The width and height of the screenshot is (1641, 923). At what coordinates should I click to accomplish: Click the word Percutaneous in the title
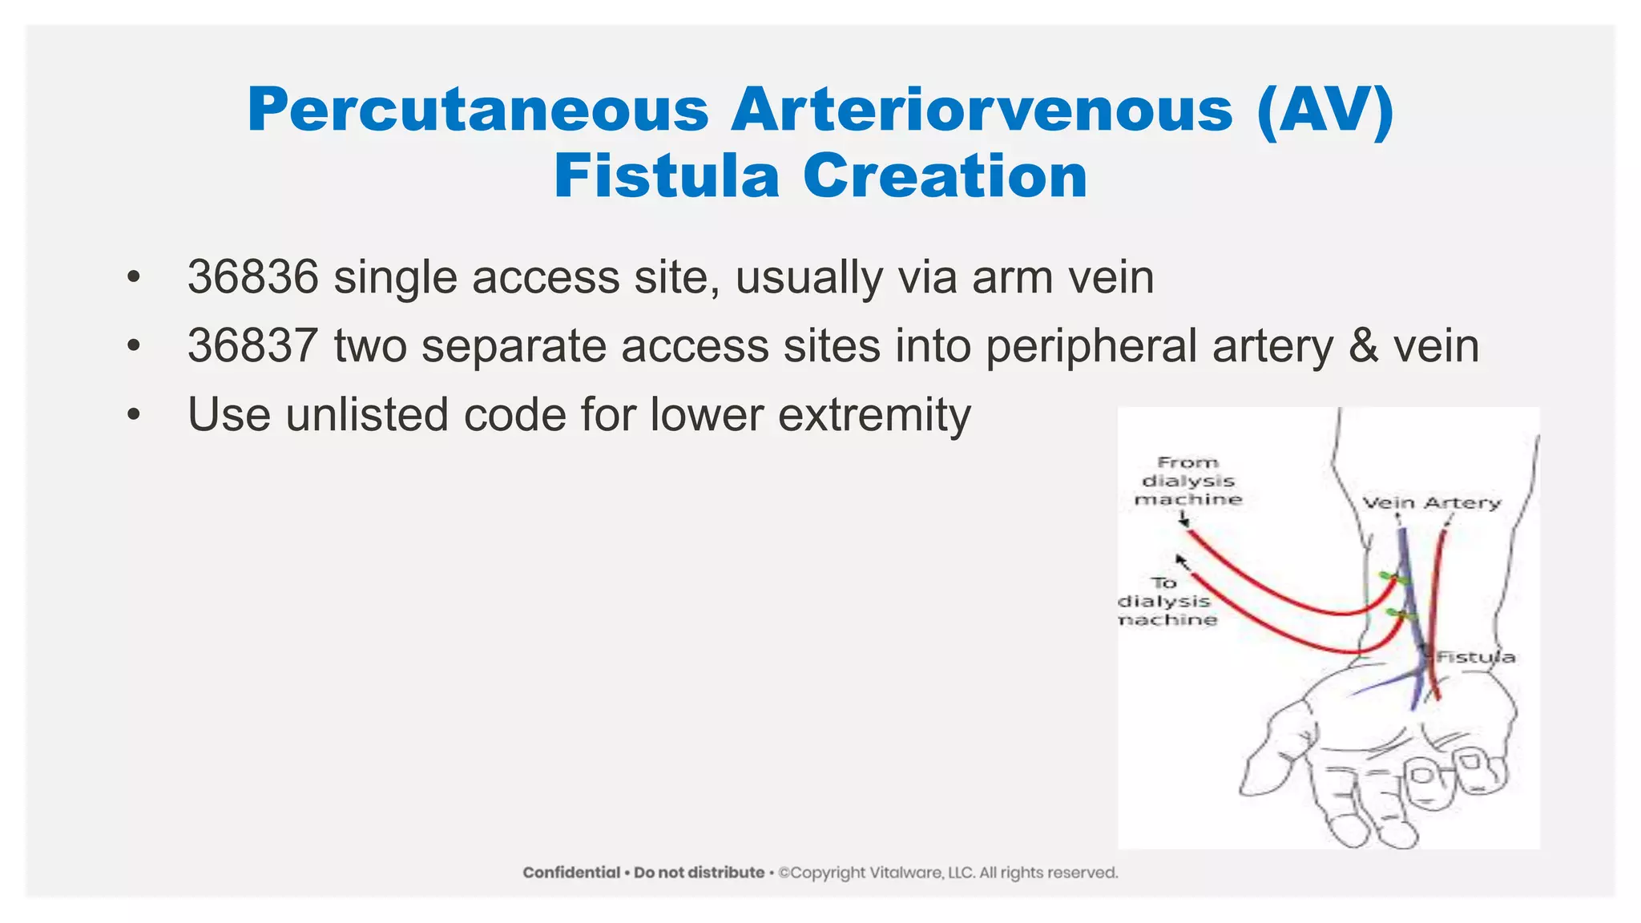pyautogui.click(x=478, y=111)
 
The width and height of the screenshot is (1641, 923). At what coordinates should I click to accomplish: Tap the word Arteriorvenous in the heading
pyautogui.click(x=981, y=111)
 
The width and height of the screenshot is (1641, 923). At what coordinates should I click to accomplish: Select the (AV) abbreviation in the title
pyautogui.click(x=1325, y=111)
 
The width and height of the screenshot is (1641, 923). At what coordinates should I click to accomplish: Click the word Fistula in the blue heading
pyautogui.click(x=666, y=177)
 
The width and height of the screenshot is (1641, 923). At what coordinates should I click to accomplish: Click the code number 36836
pyautogui.click(x=253, y=277)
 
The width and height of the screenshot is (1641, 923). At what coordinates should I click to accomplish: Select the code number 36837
pyautogui.click(x=253, y=346)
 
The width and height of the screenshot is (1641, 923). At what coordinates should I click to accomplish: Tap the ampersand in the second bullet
pyautogui.click(x=1363, y=346)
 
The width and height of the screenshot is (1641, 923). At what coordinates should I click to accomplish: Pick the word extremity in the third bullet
pyautogui.click(x=874, y=415)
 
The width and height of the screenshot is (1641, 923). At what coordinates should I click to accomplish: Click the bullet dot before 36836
pyautogui.click(x=133, y=278)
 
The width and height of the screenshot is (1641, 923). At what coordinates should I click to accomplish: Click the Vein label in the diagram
pyautogui.click(x=1389, y=503)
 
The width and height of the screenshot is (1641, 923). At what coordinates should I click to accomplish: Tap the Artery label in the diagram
pyautogui.click(x=1462, y=503)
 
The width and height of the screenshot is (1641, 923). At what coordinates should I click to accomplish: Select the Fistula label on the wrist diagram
pyautogui.click(x=1476, y=657)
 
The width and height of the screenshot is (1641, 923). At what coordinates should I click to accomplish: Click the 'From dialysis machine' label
pyautogui.click(x=1187, y=481)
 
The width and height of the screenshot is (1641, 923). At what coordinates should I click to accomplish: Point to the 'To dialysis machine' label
pyautogui.click(x=1167, y=602)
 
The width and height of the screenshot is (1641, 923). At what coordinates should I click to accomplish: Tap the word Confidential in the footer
pyautogui.click(x=571, y=873)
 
